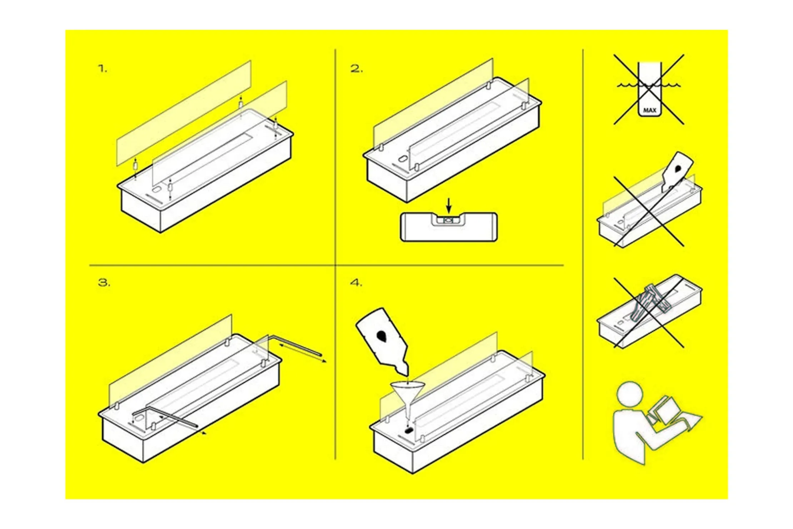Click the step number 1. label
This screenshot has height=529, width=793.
click(x=103, y=69)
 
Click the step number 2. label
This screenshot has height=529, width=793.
click(x=356, y=69)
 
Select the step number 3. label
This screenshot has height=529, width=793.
click(x=104, y=283)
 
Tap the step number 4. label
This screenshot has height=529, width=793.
click(x=356, y=283)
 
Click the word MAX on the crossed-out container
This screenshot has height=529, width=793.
click(x=649, y=110)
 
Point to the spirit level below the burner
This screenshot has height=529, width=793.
click(x=449, y=227)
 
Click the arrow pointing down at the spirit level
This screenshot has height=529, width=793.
click(x=449, y=206)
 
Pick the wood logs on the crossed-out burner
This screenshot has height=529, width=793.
click(x=649, y=303)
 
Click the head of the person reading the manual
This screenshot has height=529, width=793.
click(x=629, y=394)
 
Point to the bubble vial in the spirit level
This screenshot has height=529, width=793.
click(x=449, y=221)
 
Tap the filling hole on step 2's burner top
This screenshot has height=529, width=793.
click(x=403, y=159)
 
